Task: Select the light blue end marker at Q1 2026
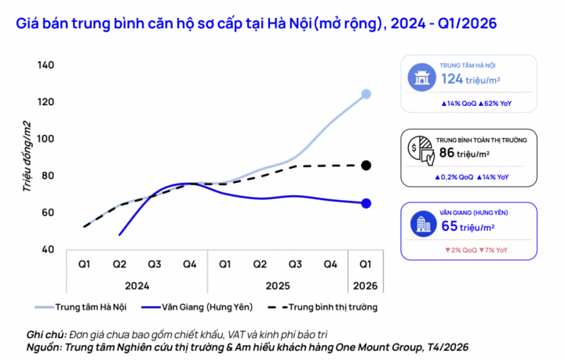[x=366, y=94]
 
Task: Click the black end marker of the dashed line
[x=366, y=165]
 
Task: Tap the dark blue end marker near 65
[x=366, y=203]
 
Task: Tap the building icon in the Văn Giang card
[x=422, y=224]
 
